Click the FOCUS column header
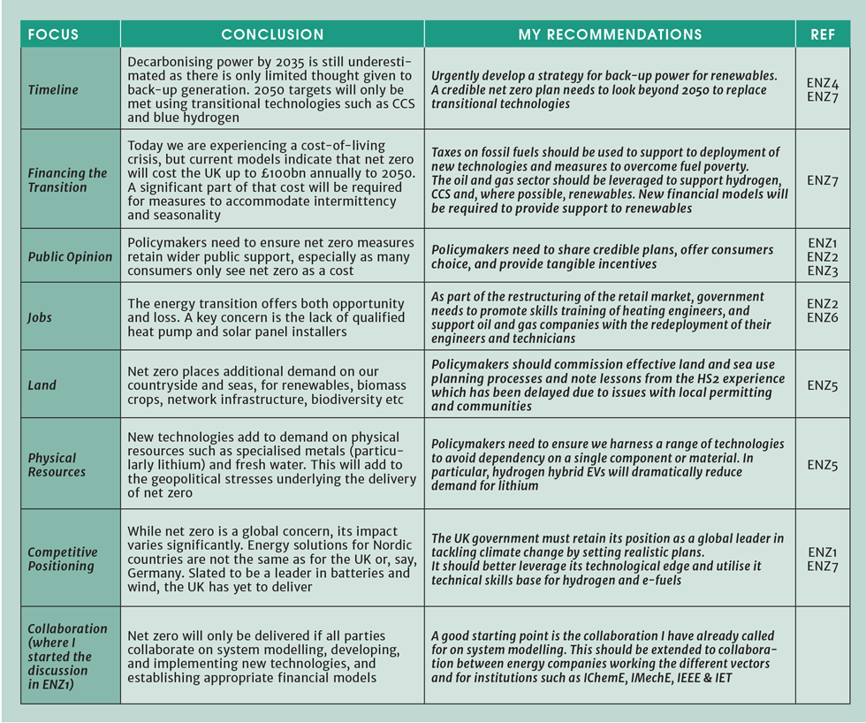click(x=53, y=34)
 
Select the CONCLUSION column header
click(x=272, y=34)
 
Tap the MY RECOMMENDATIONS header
click(x=610, y=34)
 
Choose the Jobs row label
click(x=41, y=317)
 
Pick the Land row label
click(x=42, y=385)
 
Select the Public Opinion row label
click(x=70, y=256)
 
